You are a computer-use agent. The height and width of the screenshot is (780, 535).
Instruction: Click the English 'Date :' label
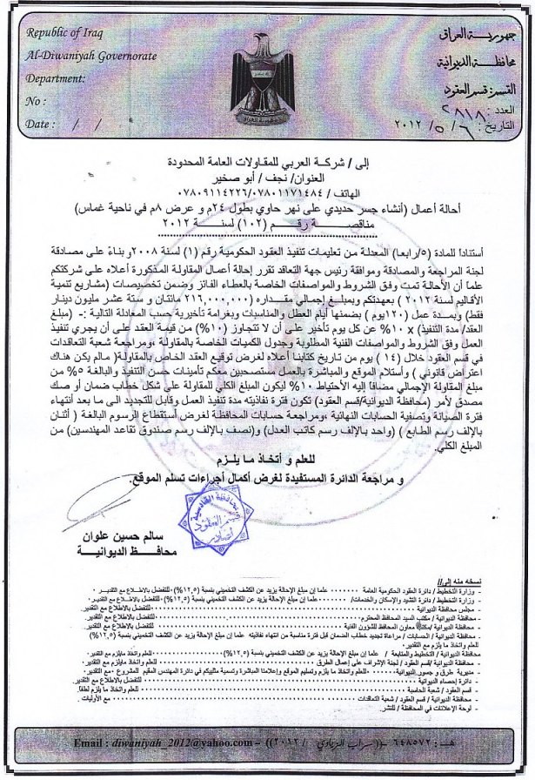[x=39, y=124]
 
